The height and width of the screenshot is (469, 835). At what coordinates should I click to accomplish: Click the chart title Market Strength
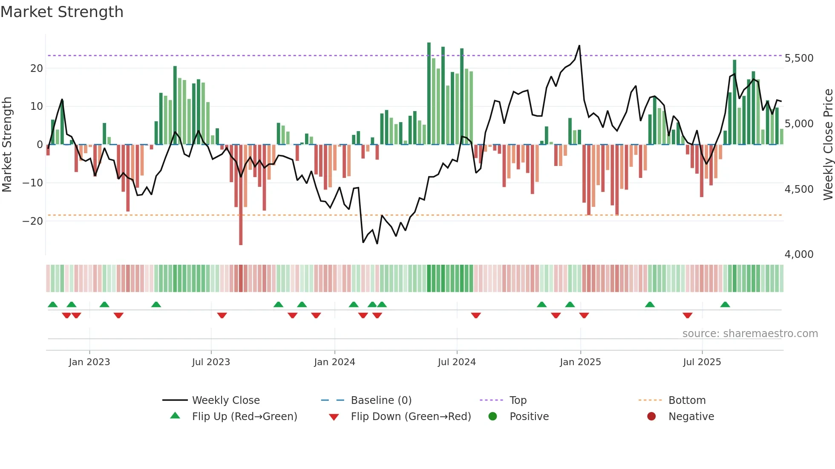click(x=62, y=12)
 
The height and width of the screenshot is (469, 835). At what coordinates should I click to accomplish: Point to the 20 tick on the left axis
click(x=37, y=69)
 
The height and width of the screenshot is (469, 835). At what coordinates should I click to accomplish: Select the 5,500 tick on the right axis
click(x=799, y=58)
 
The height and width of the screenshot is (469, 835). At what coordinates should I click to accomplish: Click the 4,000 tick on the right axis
click(x=799, y=255)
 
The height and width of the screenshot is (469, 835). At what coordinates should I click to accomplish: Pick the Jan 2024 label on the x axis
click(x=334, y=362)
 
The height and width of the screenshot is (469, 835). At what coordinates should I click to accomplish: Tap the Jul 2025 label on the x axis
click(x=702, y=362)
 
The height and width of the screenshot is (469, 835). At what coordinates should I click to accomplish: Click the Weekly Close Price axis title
click(x=828, y=145)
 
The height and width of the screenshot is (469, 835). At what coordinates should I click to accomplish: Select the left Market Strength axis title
click(x=7, y=145)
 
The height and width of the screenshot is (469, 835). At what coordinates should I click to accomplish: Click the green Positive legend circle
click(x=493, y=417)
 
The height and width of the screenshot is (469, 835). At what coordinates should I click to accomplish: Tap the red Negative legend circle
click(x=651, y=417)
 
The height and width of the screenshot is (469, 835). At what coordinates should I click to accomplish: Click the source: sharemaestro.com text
click(x=750, y=334)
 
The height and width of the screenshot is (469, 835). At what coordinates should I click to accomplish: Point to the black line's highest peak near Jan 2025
click(x=579, y=46)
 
